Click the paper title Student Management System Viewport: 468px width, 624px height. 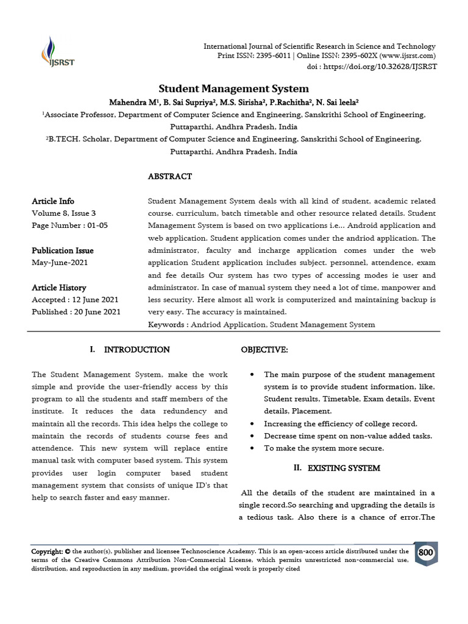(233, 88)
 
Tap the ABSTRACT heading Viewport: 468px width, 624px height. (170, 176)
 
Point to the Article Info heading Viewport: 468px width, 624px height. (53, 201)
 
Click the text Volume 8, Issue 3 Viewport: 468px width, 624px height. (63, 213)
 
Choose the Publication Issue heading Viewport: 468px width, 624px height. (62, 250)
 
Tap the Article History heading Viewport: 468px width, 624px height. (58, 288)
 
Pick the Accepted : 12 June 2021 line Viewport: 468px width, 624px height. (75, 300)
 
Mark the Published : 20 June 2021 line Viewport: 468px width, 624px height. (76, 312)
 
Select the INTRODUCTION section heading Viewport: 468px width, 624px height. (136, 350)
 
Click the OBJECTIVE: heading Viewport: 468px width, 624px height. (264, 350)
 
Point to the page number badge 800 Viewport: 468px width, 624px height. (426, 553)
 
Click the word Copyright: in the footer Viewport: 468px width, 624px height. (47, 551)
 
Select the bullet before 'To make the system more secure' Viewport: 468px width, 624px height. (252, 448)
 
